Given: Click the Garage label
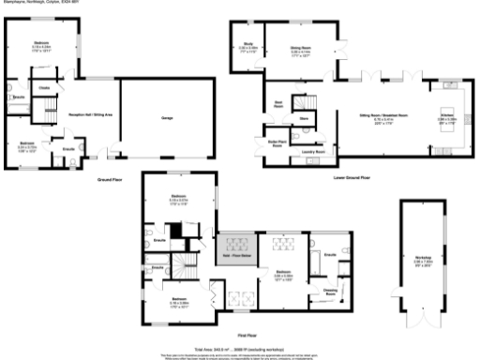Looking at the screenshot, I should (x=168, y=118).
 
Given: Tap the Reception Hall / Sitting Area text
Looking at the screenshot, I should (x=91, y=113).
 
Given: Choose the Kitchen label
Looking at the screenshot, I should (x=447, y=117).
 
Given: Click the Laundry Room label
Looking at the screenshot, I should (x=313, y=150).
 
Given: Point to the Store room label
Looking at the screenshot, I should (x=304, y=119).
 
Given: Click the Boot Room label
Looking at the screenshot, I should (x=278, y=103).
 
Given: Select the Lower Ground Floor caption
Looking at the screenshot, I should (x=352, y=176).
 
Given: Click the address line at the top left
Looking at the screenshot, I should (x=38, y=3).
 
